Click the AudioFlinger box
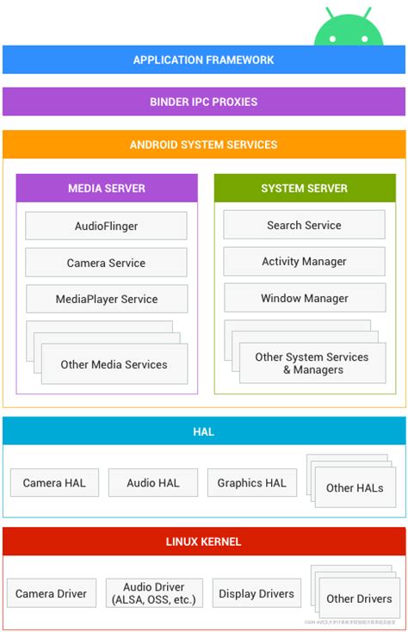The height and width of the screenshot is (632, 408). tap(106, 226)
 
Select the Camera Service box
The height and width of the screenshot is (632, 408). tap(106, 263)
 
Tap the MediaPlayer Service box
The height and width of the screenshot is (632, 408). tap(107, 300)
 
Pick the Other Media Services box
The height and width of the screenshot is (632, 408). tap(114, 364)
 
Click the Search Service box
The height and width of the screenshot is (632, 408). tap(304, 225)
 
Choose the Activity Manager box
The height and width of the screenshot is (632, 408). tap(304, 262)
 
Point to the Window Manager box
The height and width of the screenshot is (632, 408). tap(304, 298)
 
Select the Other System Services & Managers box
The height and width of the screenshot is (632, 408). tap(312, 363)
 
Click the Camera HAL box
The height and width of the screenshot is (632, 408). tap(54, 483)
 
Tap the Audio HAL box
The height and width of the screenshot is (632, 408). tap(153, 483)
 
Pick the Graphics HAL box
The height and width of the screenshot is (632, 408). tap(251, 483)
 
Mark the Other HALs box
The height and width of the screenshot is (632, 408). tap(355, 488)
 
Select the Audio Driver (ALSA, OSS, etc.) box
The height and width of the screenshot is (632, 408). tap(154, 593)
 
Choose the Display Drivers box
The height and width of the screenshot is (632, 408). tap(257, 593)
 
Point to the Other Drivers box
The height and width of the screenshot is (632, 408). tap(358, 598)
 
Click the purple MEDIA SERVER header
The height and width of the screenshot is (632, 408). tap(107, 189)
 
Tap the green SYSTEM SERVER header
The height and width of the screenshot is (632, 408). tap(305, 189)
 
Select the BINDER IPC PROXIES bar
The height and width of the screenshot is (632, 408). tap(204, 102)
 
